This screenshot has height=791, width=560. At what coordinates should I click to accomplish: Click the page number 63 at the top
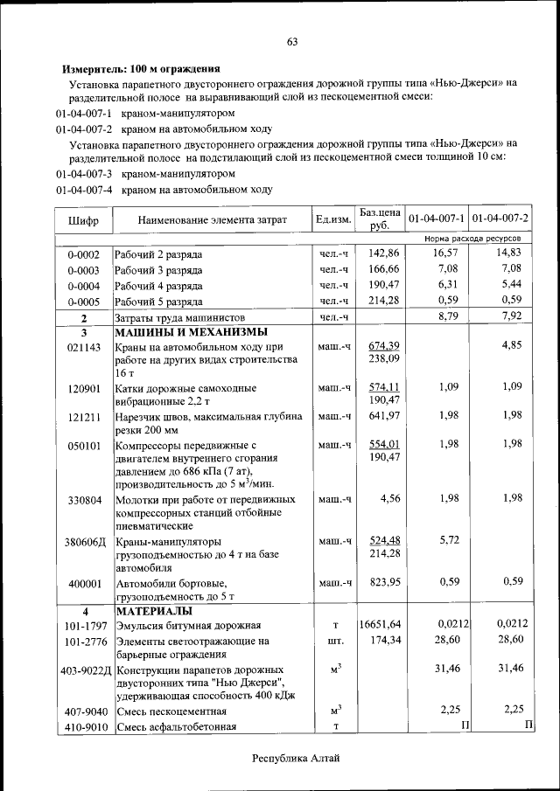292,42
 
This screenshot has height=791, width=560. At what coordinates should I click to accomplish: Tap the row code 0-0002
83,254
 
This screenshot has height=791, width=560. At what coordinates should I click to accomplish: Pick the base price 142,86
383,253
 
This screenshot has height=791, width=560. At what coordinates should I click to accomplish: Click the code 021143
83,346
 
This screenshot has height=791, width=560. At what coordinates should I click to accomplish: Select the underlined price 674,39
384,345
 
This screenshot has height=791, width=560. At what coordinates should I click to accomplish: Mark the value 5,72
448,539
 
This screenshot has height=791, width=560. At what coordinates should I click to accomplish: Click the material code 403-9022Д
85,670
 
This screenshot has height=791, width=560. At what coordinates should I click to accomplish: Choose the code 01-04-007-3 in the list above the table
84,174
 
